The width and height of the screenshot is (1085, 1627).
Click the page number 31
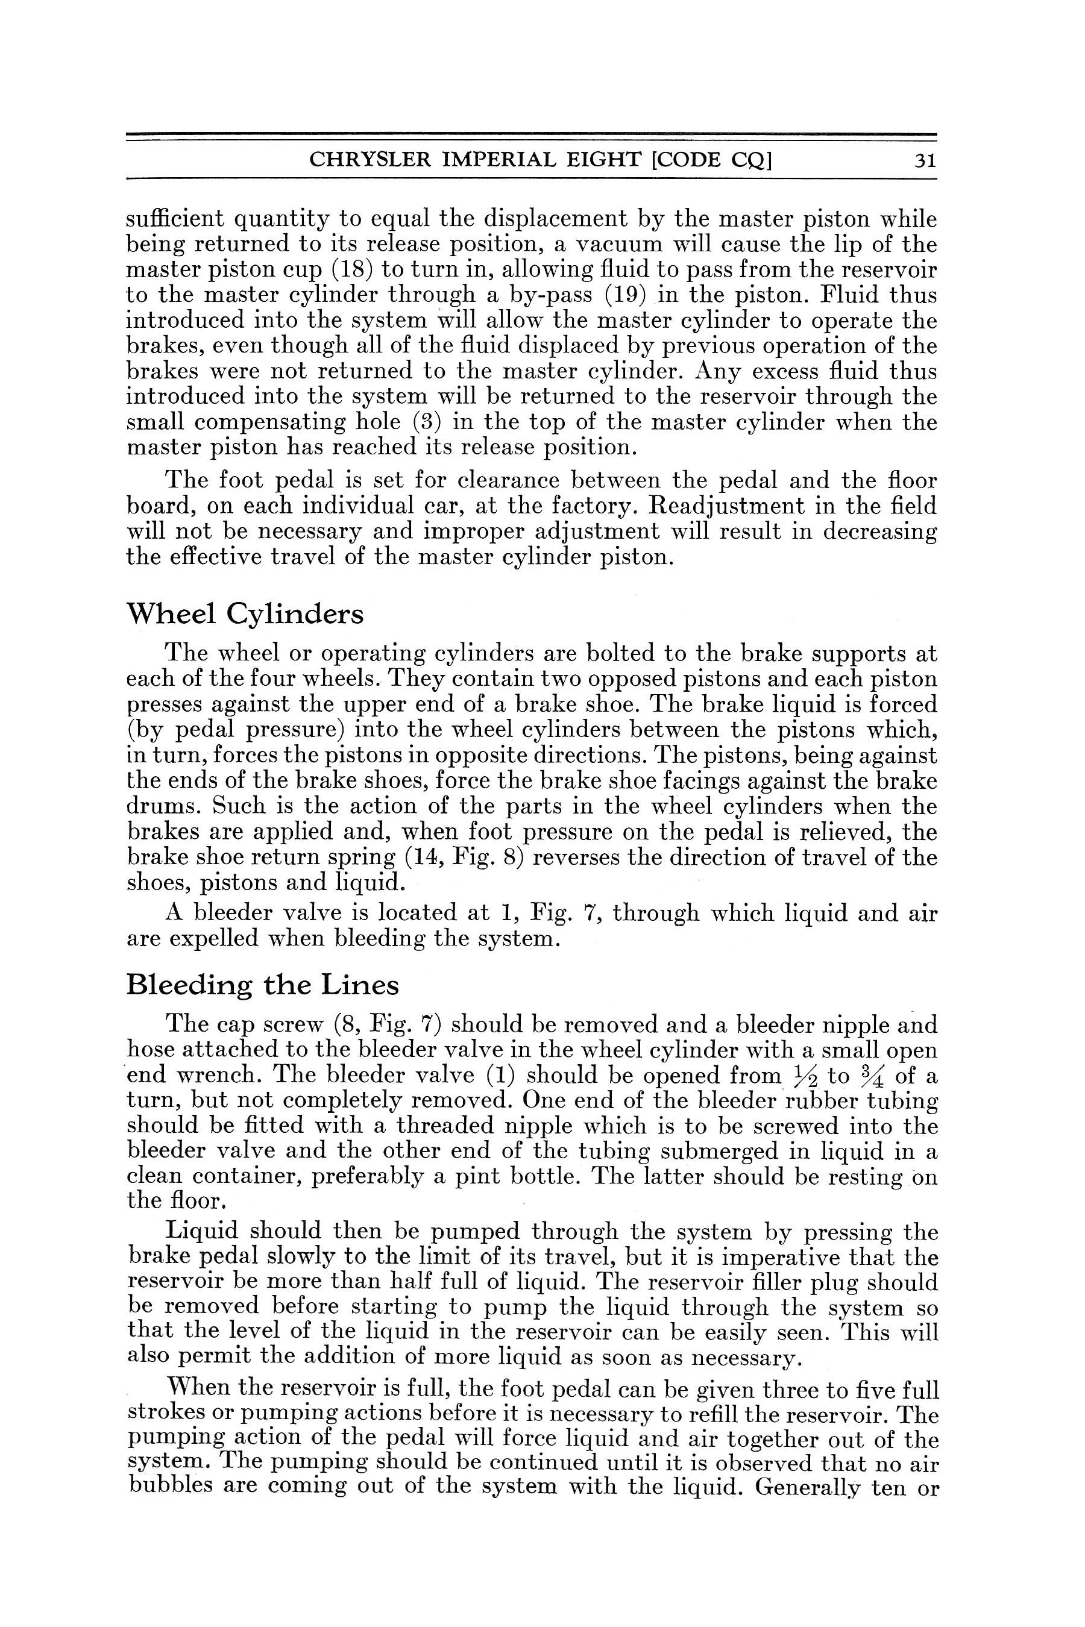tap(925, 161)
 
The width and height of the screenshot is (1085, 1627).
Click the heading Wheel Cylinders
tap(244, 614)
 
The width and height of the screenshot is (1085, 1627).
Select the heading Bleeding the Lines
tap(262, 985)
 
